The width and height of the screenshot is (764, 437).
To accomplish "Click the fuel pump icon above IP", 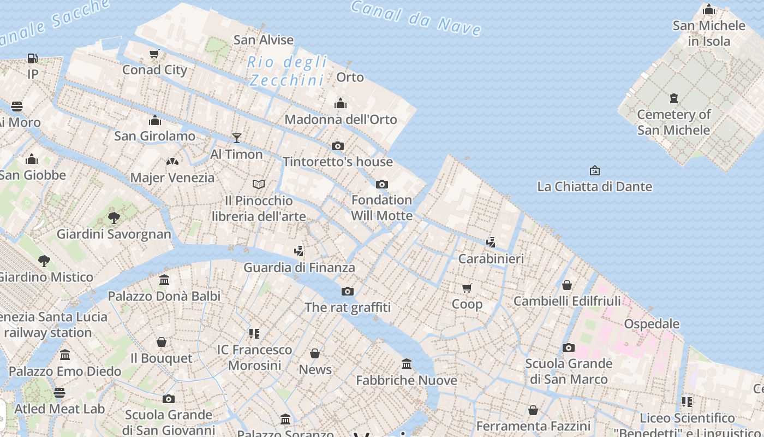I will [x=33, y=58].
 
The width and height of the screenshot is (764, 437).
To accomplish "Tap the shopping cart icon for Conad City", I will [x=154, y=54].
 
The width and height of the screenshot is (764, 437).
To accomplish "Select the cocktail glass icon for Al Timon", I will [x=237, y=138].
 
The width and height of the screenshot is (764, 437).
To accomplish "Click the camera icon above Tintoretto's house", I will [x=338, y=146].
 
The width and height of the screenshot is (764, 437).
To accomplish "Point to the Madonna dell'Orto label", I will [x=341, y=119].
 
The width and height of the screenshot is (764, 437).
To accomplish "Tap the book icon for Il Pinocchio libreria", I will [x=259, y=184].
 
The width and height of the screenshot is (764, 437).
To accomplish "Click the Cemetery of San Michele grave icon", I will [x=674, y=98].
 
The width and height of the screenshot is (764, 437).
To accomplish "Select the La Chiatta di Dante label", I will [x=594, y=186].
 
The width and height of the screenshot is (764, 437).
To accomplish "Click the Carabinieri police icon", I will [x=491, y=242].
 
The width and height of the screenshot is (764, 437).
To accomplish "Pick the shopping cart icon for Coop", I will [x=467, y=288].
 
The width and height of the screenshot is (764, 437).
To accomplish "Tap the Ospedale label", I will [x=652, y=323].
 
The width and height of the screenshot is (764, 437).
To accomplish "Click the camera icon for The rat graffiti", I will [x=348, y=291].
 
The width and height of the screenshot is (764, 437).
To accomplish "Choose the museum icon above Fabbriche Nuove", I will [x=407, y=364].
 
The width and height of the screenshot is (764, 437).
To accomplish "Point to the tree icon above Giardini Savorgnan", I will [x=114, y=218].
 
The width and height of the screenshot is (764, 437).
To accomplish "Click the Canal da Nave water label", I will [x=416, y=17].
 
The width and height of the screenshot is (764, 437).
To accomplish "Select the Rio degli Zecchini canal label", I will [x=287, y=71].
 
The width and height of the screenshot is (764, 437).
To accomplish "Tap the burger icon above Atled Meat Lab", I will [x=59, y=392].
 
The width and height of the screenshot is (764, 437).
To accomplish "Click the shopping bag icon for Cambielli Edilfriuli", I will [x=567, y=285].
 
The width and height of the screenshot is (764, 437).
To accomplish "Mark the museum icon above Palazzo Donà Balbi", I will [x=164, y=280].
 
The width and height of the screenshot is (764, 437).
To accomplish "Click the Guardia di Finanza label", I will [x=299, y=267].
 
